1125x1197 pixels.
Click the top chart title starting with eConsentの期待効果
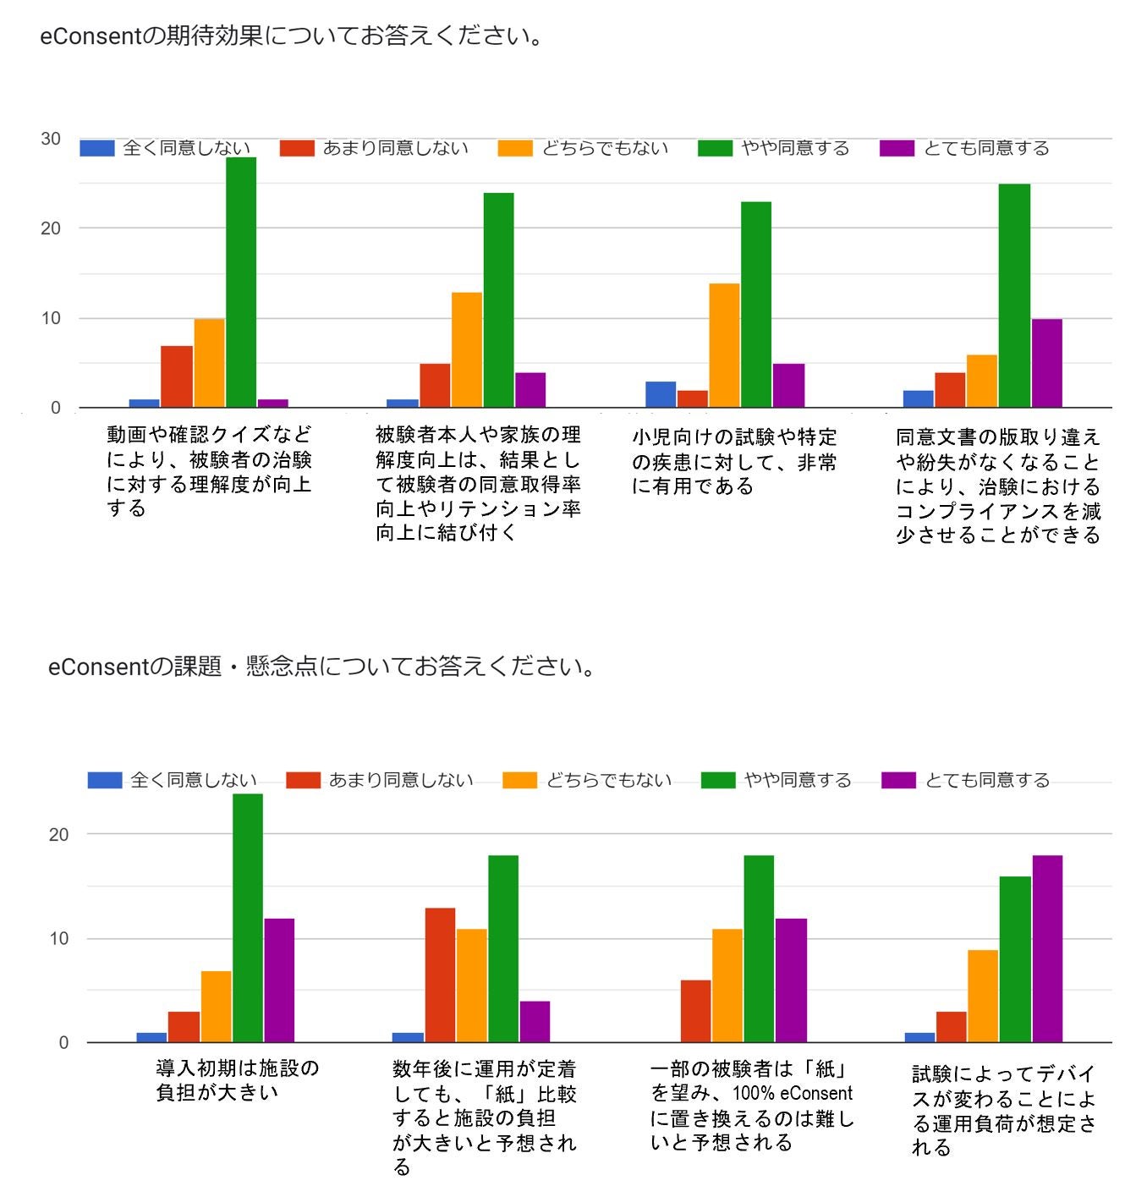tap(292, 36)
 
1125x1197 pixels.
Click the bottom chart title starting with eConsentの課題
tap(322, 667)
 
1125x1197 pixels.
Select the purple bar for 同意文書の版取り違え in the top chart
tap(1046, 363)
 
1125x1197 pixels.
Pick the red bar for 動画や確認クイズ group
tap(177, 376)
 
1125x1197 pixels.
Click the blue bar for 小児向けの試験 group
tap(661, 394)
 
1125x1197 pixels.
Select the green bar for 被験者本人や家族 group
tap(498, 300)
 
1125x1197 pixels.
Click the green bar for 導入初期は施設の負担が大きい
tap(248, 918)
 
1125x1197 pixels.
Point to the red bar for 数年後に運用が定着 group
tap(440, 975)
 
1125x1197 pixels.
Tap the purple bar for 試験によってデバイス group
tap(1047, 948)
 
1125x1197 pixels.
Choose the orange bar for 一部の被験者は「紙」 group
tap(727, 986)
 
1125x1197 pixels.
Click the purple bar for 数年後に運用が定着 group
tap(535, 1021)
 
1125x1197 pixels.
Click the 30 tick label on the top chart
tap(51, 139)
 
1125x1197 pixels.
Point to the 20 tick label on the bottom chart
tap(58, 834)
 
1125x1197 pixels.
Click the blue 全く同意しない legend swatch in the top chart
tap(96, 148)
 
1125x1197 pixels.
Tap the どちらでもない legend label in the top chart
tap(605, 148)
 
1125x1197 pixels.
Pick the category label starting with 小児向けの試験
tap(734, 461)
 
